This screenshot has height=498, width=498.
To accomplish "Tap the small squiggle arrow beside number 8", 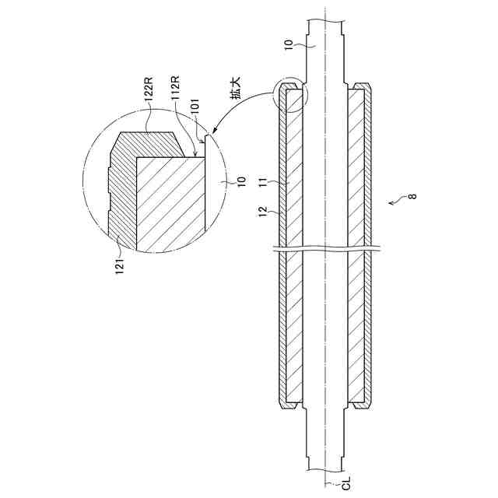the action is coord(398,202).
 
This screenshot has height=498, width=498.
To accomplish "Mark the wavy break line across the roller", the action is coord(327,249).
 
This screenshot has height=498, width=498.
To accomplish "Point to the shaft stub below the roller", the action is coord(327,444).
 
